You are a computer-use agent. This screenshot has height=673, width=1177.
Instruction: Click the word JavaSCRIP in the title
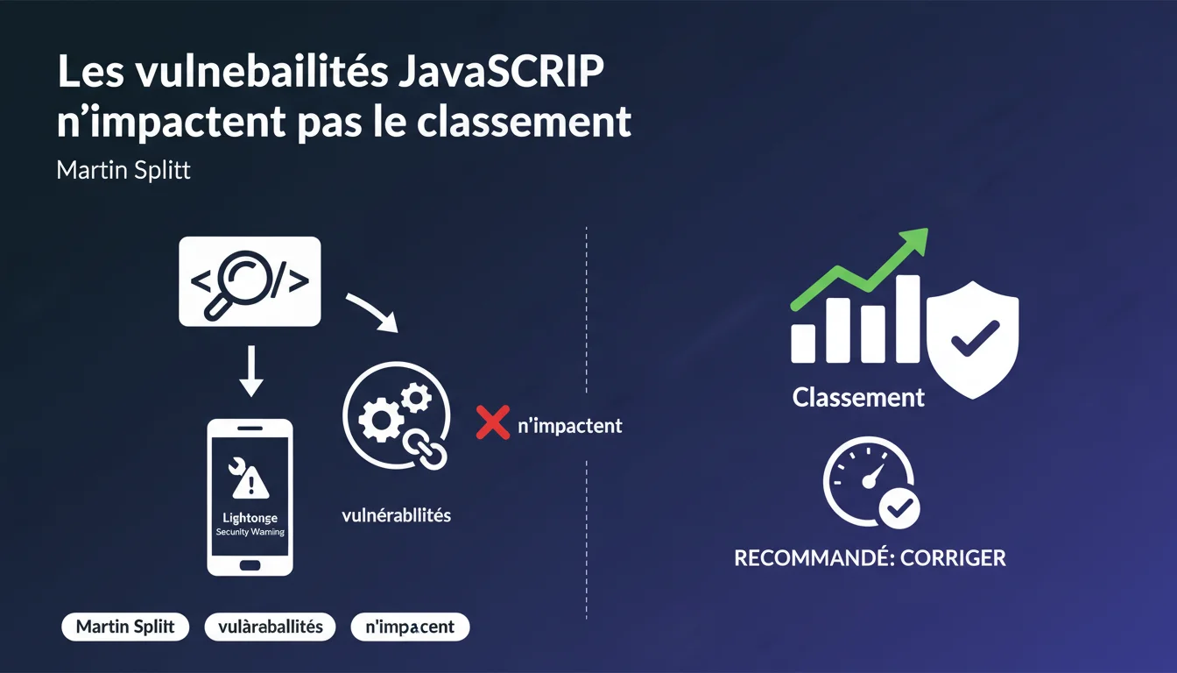pyautogui.click(x=501, y=71)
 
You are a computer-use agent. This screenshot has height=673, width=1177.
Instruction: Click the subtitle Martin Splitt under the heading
pyautogui.click(x=123, y=170)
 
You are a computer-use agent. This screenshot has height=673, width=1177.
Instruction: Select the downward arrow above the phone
pyautogui.click(x=251, y=372)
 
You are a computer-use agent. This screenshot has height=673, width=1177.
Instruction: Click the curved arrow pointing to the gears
pyautogui.click(x=374, y=311)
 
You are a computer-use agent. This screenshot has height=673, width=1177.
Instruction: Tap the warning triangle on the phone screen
pyautogui.click(x=250, y=481)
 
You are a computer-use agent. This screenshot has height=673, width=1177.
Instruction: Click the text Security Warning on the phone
pyautogui.click(x=250, y=532)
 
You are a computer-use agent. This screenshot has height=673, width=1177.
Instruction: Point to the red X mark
pyautogui.click(x=493, y=422)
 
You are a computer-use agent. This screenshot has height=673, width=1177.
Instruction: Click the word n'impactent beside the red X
pyautogui.click(x=569, y=425)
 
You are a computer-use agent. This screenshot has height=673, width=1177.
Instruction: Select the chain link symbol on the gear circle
pyautogui.click(x=425, y=449)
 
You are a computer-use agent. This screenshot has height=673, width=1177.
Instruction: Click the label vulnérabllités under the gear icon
pyautogui.click(x=396, y=515)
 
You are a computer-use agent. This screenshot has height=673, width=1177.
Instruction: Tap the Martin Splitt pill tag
pyautogui.click(x=125, y=627)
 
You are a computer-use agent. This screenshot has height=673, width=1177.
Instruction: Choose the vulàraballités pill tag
pyautogui.click(x=270, y=627)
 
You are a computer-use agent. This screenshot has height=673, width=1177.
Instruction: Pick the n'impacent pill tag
pyautogui.click(x=410, y=627)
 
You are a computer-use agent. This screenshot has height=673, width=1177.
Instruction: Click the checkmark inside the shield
pyautogui.click(x=976, y=338)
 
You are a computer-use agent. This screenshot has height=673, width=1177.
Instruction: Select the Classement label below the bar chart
pyautogui.click(x=858, y=398)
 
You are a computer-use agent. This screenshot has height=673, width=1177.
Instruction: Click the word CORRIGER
pyautogui.click(x=953, y=558)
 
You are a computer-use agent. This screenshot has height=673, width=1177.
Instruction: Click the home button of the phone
pyautogui.click(x=250, y=566)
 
